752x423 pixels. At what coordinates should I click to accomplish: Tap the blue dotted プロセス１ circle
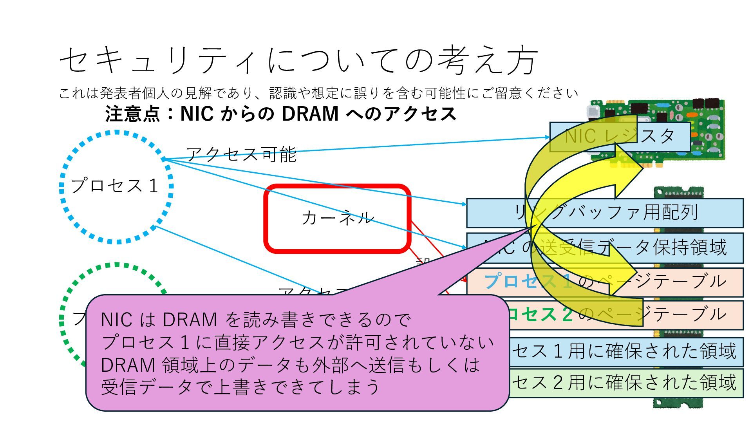click(116, 186)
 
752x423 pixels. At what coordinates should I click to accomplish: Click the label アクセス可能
click(241, 154)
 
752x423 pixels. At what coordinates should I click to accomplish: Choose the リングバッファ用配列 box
click(666, 213)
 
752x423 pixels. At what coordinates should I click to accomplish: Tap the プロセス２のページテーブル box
click(689, 315)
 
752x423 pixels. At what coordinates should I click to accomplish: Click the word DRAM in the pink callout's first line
click(190, 320)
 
